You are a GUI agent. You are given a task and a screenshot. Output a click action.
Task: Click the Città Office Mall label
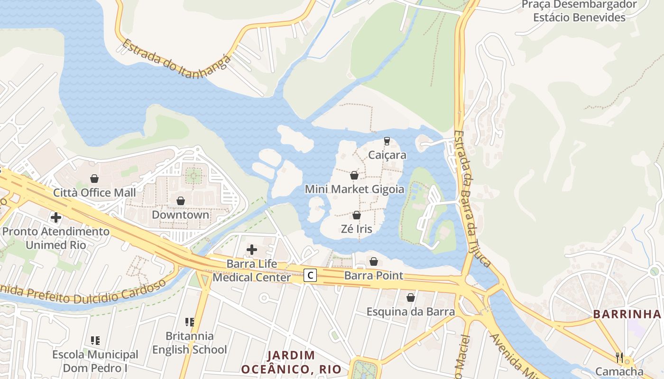(x=94, y=192)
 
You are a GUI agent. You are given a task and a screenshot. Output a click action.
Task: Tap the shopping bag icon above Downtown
(x=180, y=201)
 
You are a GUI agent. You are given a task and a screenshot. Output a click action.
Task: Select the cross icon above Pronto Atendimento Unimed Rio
(x=56, y=217)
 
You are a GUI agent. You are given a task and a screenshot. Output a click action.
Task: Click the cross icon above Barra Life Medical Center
(x=252, y=250)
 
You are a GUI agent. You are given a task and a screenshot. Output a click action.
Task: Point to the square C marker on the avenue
(x=310, y=275)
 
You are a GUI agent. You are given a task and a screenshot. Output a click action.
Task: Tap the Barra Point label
(x=374, y=275)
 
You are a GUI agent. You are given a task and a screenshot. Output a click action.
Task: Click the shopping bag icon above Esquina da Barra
(x=411, y=298)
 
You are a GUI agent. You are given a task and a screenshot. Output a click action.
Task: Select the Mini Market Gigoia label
(x=354, y=189)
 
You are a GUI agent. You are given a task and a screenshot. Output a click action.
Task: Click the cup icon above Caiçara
(x=387, y=141)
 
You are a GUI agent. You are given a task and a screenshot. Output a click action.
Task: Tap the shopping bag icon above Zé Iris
(x=357, y=216)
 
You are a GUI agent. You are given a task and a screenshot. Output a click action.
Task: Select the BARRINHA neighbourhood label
(x=627, y=314)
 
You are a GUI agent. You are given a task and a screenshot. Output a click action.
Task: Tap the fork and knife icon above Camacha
(x=619, y=357)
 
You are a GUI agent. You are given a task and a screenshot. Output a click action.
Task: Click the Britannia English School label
(x=189, y=343)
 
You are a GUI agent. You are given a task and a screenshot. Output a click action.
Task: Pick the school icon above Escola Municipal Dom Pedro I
(x=95, y=340)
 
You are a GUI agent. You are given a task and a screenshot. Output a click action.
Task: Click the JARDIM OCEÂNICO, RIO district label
(x=291, y=362)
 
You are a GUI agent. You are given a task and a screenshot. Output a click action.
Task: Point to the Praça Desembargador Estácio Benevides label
(x=579, y=11)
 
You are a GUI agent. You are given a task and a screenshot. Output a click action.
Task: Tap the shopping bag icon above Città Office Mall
(x=94, y=179)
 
